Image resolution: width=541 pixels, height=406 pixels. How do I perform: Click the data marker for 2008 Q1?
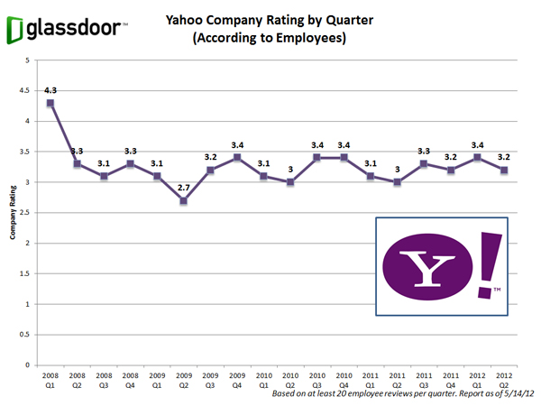click(50, 103)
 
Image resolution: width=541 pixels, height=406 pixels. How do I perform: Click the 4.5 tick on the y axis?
click(26, 90)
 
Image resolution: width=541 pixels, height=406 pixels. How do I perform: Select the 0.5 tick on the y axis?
click(26, 335)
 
